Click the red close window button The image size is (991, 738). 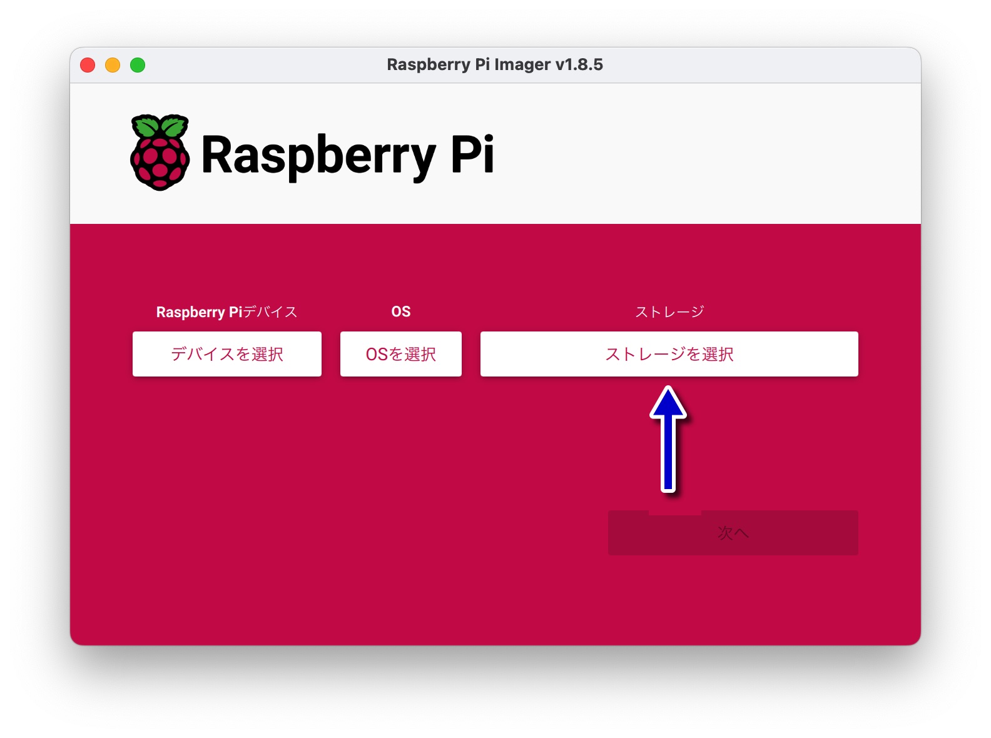(88, 65)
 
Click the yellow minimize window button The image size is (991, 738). (113, 65)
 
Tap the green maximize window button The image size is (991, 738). (138, 65)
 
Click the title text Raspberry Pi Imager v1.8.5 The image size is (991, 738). (495, 65)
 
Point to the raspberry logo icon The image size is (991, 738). (160, 153)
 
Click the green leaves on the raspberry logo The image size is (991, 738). (160, 126)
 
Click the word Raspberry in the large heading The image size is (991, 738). (318, 156)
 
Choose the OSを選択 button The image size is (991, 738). (401, 354)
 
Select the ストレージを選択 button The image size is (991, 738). (669, 354)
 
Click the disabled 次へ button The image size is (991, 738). (733, 532)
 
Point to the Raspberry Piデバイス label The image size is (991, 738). (227, 312)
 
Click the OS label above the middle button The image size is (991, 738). (401, 311)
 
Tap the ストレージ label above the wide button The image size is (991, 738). (669, 311)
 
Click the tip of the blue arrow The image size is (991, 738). (668, 387)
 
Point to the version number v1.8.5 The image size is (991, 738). (579, 65)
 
